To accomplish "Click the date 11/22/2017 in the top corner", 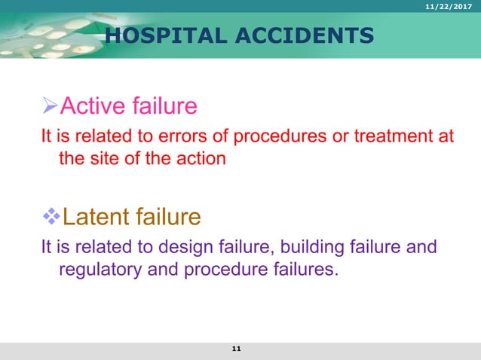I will (452, 7).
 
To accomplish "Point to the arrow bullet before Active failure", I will (49, 105).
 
